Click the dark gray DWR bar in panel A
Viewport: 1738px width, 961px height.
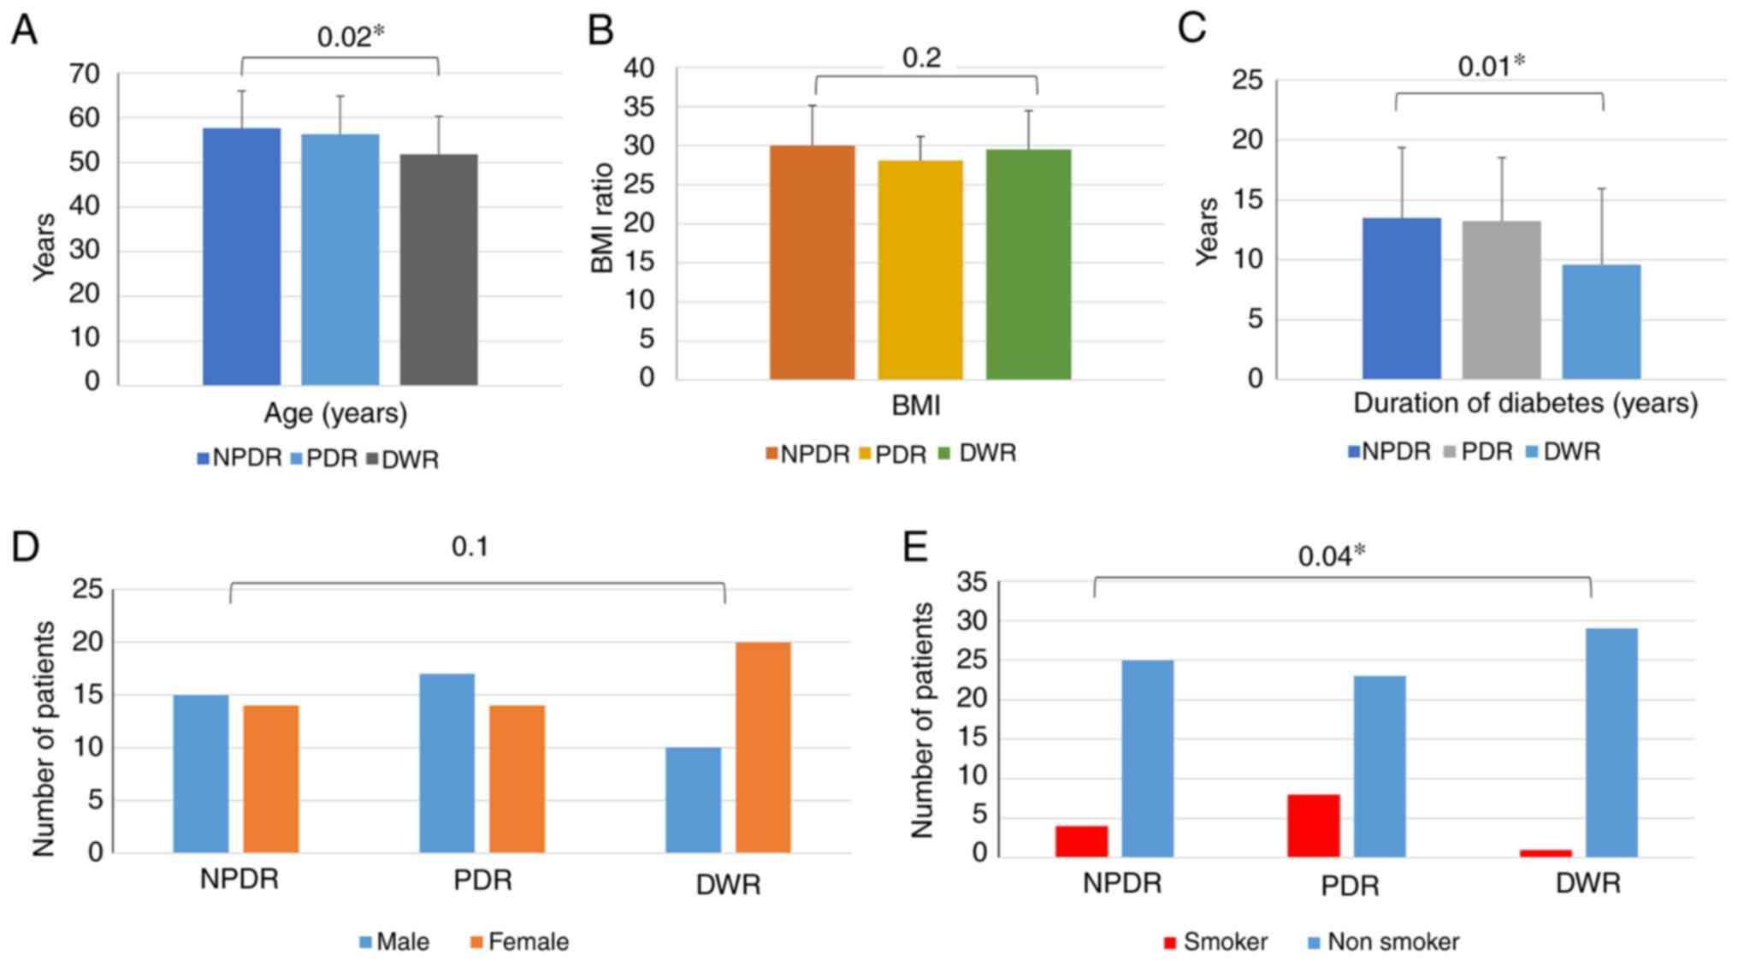tap(438, 270)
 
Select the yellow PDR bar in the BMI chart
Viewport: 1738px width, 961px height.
tap(919, 270)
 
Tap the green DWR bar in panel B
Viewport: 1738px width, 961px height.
tap(1028, 264)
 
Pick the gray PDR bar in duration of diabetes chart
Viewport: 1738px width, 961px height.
tap(1501, 300)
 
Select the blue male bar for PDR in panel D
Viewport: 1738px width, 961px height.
tap(446, 762)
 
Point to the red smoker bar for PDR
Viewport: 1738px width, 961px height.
tap(1313, 826)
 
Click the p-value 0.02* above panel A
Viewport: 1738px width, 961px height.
tap(351, 36)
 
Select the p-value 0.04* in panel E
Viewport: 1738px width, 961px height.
tap(1331, 556)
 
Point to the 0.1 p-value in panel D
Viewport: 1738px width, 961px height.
tap(470, 547)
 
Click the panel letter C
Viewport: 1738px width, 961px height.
tap(1191, 27)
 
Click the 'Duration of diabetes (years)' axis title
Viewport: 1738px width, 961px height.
tap(1525, 403)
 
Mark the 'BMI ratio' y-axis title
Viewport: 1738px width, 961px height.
tap(603, 218)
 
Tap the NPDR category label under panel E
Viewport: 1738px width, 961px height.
tap(1122, 883)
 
